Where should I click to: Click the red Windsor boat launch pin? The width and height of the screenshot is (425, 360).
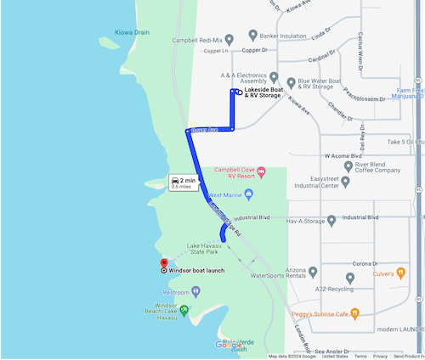[x=163, y=262]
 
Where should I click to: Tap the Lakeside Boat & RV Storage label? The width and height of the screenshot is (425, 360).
[x=262, y=93]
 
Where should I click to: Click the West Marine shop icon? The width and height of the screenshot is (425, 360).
[x=248, y=194]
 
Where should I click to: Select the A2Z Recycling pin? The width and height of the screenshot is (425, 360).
[x=350, y=278]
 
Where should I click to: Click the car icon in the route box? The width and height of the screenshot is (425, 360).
[x=175, y=180]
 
